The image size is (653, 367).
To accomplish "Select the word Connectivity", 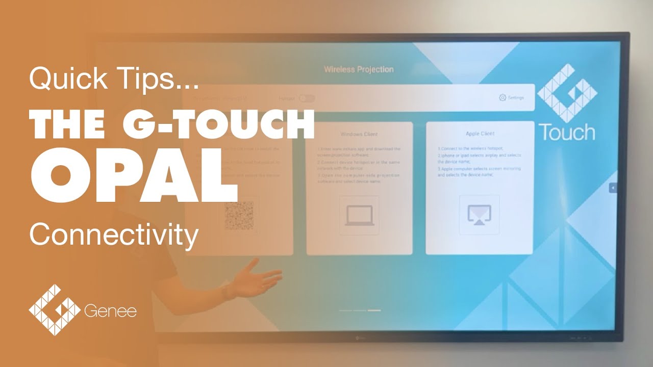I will [114, 235].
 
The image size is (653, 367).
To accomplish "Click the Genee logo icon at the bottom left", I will [54, 310].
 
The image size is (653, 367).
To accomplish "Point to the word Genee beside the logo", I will [110, 311].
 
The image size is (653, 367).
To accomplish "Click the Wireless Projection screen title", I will [359, 69].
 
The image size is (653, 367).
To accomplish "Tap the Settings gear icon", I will [503, 97].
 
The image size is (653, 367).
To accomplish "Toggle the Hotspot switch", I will [307, 98].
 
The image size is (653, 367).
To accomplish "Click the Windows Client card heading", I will [359, 134].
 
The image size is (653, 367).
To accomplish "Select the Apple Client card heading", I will [480, 134].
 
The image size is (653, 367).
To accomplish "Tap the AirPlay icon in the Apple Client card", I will [480, 215].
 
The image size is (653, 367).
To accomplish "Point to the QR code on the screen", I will [239, 215].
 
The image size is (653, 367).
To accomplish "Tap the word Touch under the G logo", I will [567, 133].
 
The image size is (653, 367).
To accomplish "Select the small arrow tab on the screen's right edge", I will [613, 188].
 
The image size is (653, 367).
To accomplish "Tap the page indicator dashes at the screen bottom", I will [360, 310].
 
